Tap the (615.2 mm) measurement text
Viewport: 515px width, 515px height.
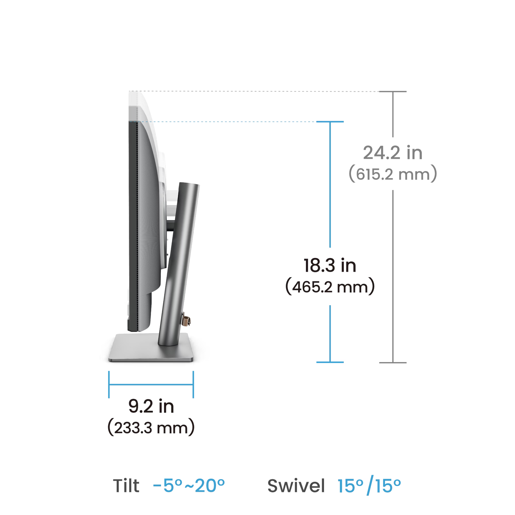coord(393,175)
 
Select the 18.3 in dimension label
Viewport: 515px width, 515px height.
coord(330,265)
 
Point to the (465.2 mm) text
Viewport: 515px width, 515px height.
coord(330,287)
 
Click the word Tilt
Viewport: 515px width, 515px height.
coord(126,486)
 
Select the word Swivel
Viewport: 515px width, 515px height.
coord(296,486)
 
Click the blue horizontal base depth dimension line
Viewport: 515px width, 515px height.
coord(151,384)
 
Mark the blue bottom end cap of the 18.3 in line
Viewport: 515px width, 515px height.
coord(330,362)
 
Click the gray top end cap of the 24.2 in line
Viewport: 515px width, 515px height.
coord(393,92)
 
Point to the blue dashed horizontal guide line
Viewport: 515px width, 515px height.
coord(240,122)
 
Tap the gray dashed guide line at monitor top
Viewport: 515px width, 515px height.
coord(253,92)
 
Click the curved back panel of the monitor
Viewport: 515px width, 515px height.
coord(148,213)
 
